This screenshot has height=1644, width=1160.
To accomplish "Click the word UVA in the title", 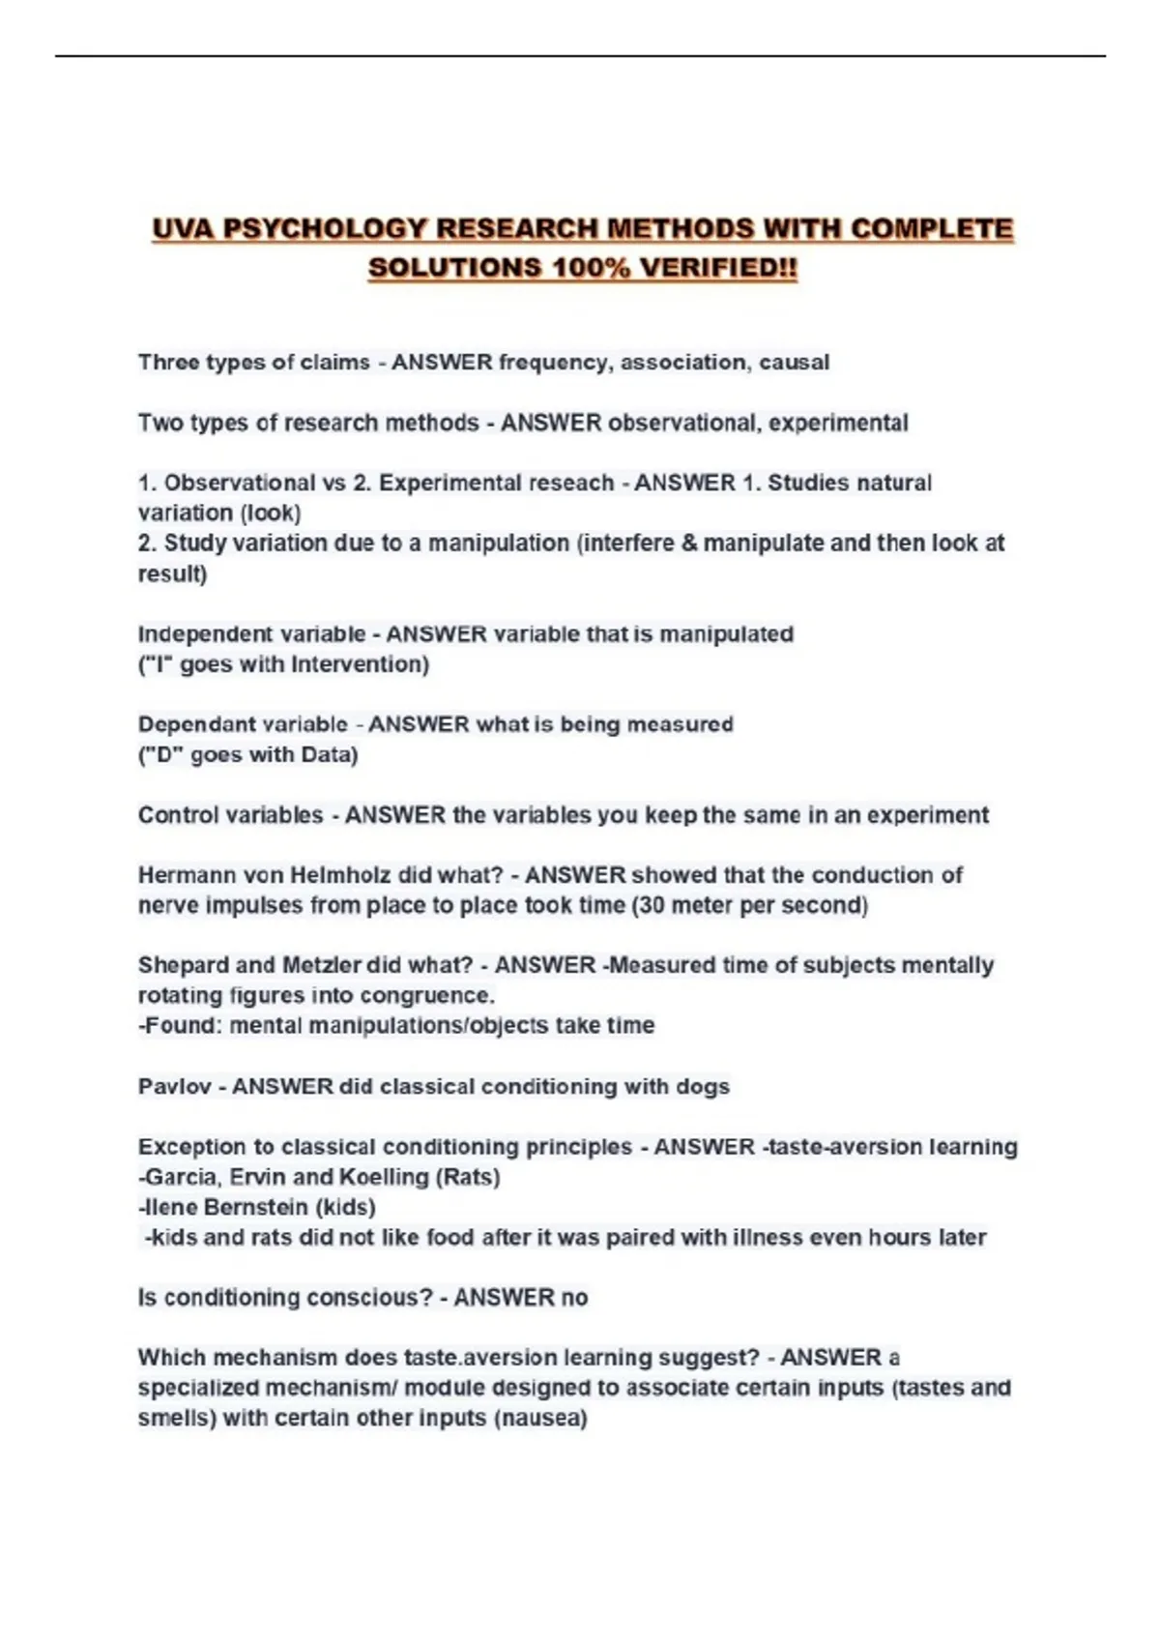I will click(x=184, y=229).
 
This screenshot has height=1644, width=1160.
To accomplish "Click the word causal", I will click(x=794, y=363).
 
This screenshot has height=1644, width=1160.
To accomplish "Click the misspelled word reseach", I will click(x=577, y=483).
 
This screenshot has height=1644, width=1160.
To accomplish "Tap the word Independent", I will click(x=191, y=634).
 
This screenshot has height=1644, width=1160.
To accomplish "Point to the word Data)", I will click(x=330, y=754).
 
